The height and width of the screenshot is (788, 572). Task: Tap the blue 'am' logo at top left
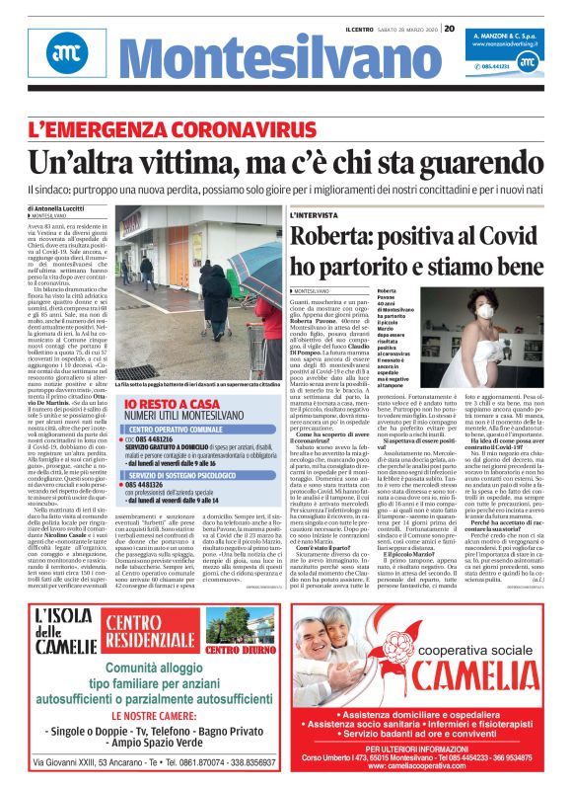click(x=65, y=52)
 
